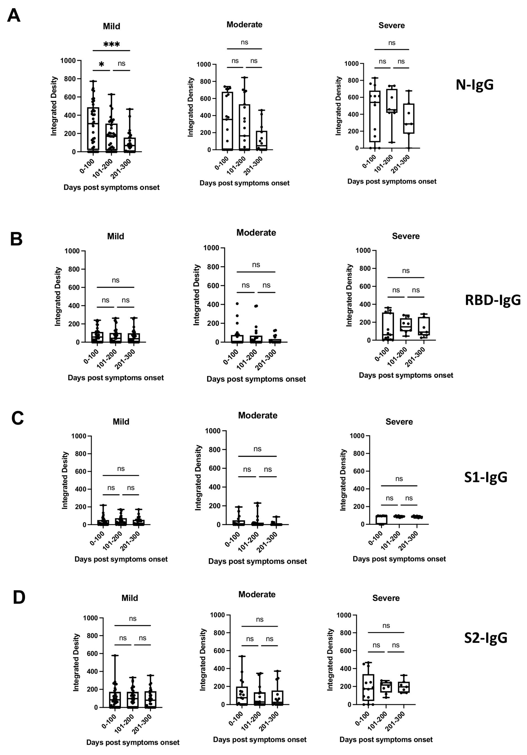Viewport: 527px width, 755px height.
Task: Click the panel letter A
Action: (x=14, y=15)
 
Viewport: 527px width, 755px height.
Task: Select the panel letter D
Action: (x=19, y=597)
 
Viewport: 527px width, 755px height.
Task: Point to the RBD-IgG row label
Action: (x=493, y=300)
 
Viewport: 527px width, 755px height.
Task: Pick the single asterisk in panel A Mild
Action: (x=102, y=64)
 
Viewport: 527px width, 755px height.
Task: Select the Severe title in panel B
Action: (x=405, y=236)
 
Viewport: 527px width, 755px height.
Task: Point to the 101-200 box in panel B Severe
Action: (x=406, y=324)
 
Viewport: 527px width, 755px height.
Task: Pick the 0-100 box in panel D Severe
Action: (x=368, y=687)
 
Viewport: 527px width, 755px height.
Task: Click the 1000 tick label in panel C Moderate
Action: (x=213, y=431)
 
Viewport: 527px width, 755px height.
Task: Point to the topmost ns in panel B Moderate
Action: (x=256, y=265)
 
